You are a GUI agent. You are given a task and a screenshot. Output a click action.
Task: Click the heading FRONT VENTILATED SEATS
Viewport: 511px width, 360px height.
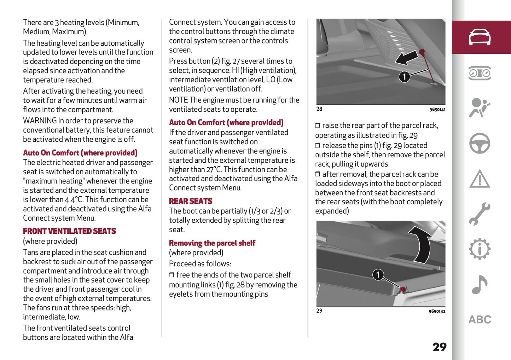69,231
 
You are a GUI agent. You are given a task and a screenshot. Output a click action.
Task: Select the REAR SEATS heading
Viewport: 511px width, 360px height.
190,201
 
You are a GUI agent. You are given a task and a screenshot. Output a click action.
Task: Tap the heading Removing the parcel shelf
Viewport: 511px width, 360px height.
212,243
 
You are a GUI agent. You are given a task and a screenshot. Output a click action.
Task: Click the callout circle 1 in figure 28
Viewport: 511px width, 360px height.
404,76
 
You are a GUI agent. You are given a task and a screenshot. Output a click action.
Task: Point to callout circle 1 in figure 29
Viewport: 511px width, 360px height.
378,274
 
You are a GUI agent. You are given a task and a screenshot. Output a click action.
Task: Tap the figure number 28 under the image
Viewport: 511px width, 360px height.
319,109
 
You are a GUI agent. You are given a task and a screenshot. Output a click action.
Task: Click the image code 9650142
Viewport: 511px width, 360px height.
437,311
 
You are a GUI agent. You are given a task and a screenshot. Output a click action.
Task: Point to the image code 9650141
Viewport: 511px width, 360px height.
437,110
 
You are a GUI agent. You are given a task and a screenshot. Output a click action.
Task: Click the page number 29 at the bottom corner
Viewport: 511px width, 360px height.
439,347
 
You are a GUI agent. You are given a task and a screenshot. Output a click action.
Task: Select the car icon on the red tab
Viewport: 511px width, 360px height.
480,37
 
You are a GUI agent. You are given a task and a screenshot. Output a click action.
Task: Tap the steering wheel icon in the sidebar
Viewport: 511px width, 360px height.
480,143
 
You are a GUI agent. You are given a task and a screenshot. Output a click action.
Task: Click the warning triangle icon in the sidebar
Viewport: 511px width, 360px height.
480,179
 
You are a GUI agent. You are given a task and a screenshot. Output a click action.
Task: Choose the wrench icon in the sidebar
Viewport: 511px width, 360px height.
480,214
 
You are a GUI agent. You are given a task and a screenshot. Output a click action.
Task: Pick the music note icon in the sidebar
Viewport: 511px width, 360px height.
480,284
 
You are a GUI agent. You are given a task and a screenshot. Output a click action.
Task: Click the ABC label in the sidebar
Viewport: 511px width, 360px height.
480,320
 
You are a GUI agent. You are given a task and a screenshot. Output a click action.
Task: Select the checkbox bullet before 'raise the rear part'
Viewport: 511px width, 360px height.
318,126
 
